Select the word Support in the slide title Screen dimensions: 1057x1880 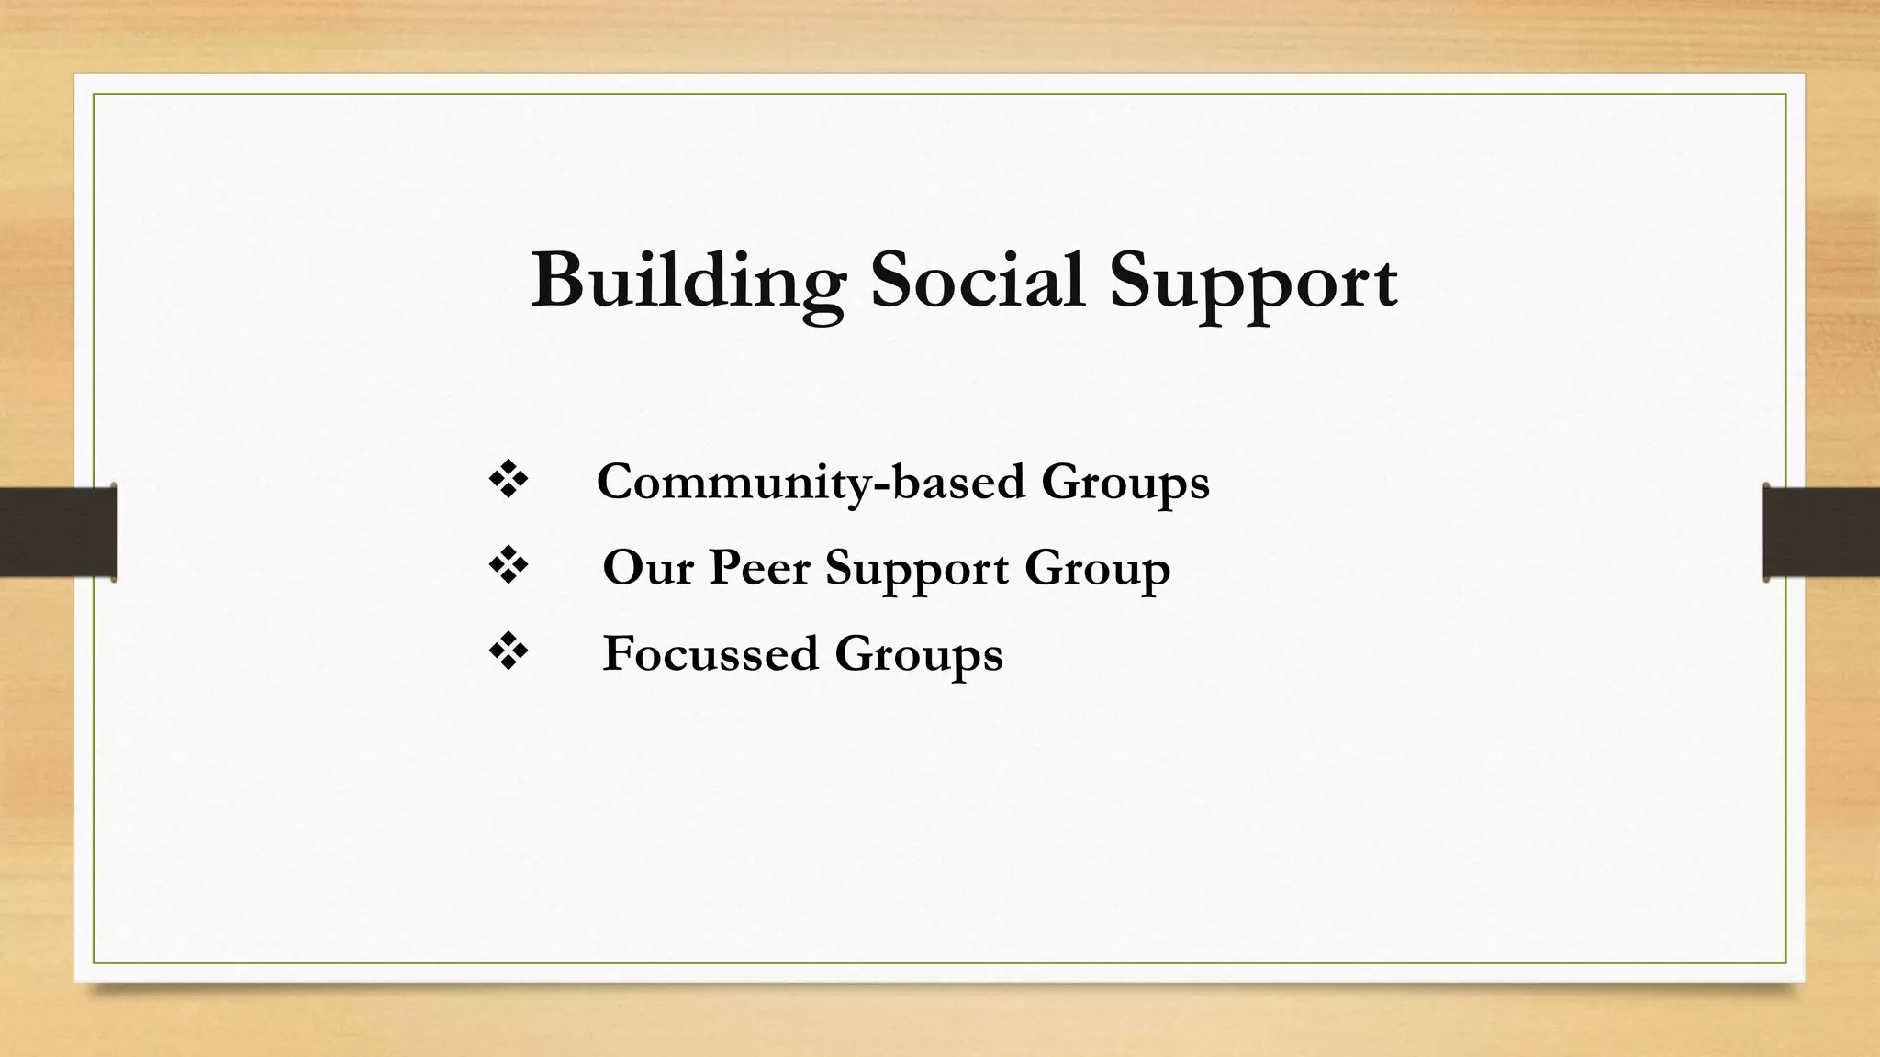[x=1253, y=283]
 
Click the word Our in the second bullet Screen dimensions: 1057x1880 [x=647, y=568]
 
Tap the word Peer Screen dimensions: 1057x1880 [x=759, y=568]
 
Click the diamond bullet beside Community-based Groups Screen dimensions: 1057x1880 [x=509, y=481]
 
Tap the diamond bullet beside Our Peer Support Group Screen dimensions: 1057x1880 [x=509, y=566]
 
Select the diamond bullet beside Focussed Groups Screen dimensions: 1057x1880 [x=509, y=652]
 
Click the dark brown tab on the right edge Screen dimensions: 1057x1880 [x=1821, y=532]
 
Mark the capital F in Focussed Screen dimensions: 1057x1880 [x=618, y=653]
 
